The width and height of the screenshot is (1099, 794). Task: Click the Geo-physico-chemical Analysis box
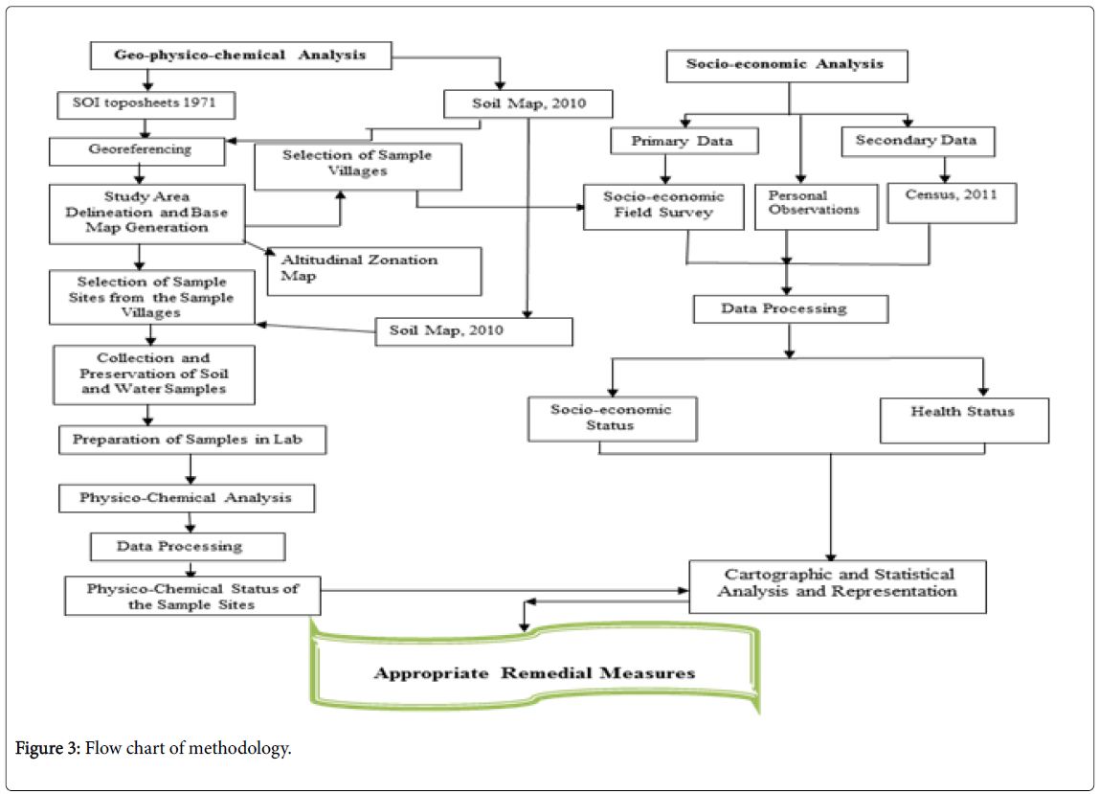[240, 56]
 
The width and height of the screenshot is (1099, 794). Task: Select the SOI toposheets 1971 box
[146, 104]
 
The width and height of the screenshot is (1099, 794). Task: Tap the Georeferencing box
[138, 151]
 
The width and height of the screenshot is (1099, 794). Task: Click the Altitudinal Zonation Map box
[374, 271]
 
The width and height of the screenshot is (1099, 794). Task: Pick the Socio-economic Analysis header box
[786, 66]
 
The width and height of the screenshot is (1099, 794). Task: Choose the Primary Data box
[684, 141]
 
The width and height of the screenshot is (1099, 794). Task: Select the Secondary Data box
[917, 142]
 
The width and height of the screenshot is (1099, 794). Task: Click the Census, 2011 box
[952, 203]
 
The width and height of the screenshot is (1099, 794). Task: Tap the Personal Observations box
[816, 207]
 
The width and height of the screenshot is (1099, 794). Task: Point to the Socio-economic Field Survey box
[663, 207]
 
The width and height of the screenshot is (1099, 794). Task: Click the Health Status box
[964, 420]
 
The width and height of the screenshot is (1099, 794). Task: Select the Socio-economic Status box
[613, 419]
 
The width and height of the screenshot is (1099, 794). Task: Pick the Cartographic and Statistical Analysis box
[838, 586]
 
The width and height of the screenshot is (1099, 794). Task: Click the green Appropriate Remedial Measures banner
[535, 669]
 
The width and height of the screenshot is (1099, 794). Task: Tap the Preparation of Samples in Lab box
[192, 440]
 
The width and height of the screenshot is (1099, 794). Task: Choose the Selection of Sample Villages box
[357, 167]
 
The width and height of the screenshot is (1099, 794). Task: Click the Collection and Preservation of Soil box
[154, 374]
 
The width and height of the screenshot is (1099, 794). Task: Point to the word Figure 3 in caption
[48, 748]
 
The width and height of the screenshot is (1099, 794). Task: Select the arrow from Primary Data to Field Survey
[665, 169]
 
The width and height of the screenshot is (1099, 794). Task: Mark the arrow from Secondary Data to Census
[945, 170]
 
